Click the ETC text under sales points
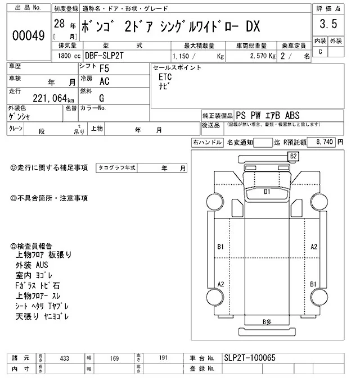point(165,77)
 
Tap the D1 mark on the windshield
point(268,192)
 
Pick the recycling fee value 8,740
point(326,143)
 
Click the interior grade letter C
point(320,52)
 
